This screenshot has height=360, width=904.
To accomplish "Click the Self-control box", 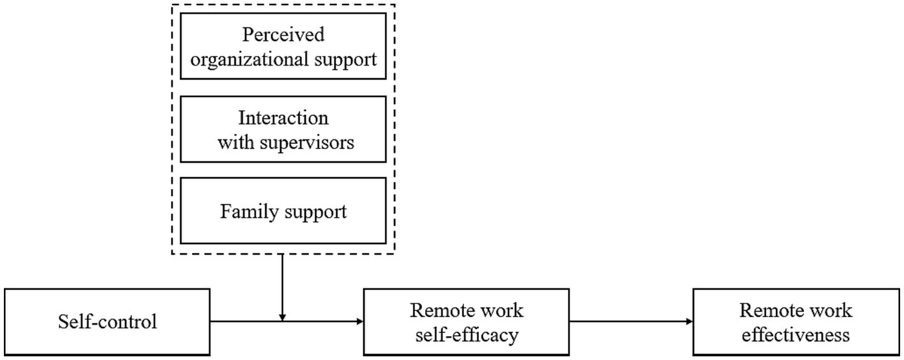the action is pyautogui.click(x=107, y=322).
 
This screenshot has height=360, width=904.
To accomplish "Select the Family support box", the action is pyautogui.click(x=283, y=211).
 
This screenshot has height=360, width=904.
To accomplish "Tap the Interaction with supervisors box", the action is pyautogui.click(x=283, y=129).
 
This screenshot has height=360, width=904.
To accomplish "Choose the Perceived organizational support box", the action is pyautogui.click(x=283, y=46).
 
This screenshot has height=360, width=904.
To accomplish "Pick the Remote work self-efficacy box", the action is pyautogui.click(x=466, y=322).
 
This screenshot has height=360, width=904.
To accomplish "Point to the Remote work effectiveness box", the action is pyautogui.click(x=796, y=322).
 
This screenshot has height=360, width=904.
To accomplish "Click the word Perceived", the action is pyautogui.click(x=283, y=35).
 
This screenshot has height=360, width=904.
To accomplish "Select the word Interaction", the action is pyautogui.click(x=283, y=117).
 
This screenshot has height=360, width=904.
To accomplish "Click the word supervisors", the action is pyautogui.click(x=307, y=143).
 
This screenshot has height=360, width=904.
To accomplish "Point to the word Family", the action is pyautogui.click(x=249, y=212).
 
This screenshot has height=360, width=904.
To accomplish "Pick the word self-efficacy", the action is pyautogui.click(x=467, y=335).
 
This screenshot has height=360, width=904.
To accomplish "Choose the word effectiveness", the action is pyautogui.click(x=796, y=335).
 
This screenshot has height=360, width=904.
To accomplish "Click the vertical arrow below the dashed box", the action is pyautogui.click(x=282, y=288).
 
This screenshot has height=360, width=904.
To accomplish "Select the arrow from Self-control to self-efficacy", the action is pyautogui.click(x=286, y=322).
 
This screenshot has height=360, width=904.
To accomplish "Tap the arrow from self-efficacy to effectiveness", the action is pyautogui.click(x=631, y=322).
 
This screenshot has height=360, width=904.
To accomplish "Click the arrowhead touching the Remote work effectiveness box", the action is pyautogui.click(x=689, y=322).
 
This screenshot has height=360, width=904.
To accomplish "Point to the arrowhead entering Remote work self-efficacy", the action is pyautogui.click(x=359, y=322).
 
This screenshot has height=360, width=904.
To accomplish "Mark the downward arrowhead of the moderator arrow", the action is pyautogui.click(x=282, y=318).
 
